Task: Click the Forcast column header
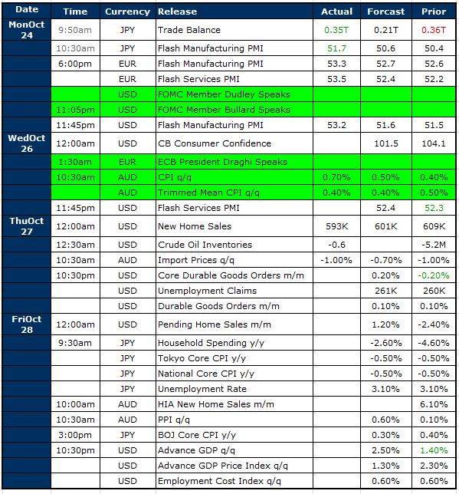click(385, 12)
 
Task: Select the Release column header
click(177, 12)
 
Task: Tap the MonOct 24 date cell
click(27, 30)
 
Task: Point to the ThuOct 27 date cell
click(27, 226)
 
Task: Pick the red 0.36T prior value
click(434, 30)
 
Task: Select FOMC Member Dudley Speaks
click(224, 94)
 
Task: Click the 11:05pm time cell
click(75, 110)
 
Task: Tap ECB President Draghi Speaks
click(222, 162)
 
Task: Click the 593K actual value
click(336, 226)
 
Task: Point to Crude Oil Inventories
click(205, 245)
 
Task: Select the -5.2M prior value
click(434, 245)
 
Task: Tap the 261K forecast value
click(385, 291)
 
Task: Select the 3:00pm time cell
click(75, 435)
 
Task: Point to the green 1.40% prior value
click(434, 450)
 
